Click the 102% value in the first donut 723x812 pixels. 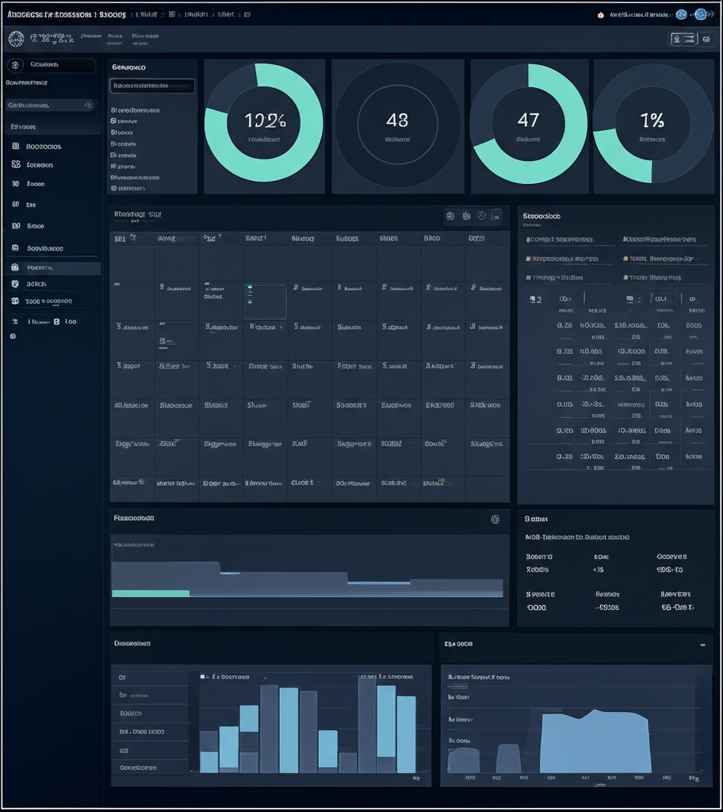pos(265,121)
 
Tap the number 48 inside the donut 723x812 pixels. pos(397,121)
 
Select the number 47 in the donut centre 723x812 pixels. pos(528,120)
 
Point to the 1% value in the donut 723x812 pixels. pos(652,121)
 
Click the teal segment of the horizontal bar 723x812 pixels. pos(151,593)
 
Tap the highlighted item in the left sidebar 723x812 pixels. pos(52,268)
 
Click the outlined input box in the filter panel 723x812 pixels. pos(151,86)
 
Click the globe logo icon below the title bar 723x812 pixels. pos(16,37)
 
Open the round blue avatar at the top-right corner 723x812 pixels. pos(700,13)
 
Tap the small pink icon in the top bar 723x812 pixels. pos(600,14)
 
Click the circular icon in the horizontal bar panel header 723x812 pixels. pos(495,519)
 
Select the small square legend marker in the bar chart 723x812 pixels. pos(203,677)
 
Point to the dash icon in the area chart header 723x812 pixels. pos(702,645)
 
